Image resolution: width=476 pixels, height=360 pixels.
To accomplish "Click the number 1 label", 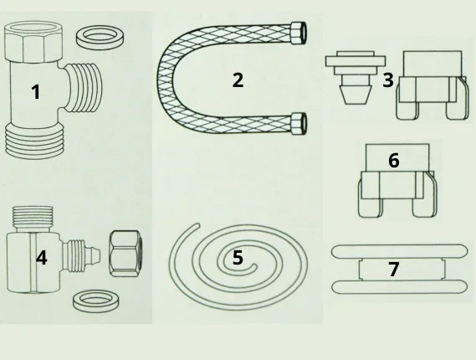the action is click(36, 92).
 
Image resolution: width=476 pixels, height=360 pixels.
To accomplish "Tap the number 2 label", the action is click(238, 80).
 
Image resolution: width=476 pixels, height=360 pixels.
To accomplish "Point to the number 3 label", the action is click(388, 80).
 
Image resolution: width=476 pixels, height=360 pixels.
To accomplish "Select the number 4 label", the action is click(42, 258).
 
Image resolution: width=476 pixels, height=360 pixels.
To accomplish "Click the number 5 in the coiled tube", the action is click(238, 257).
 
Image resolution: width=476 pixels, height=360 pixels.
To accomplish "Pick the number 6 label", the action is click(394, 161).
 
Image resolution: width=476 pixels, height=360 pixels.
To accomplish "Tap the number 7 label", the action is click(394, 269).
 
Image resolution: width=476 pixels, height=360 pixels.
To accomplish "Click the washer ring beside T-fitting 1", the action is click(100, 37).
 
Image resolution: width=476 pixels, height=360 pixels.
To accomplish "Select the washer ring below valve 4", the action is click(96, 301).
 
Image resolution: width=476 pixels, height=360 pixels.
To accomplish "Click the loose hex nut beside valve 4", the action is click(125, 254).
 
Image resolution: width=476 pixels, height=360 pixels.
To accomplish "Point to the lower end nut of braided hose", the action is click(299, 123).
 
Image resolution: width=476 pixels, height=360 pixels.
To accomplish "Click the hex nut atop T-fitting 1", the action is click(33, 42).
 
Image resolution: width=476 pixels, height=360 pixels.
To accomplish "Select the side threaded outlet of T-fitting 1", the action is click(84, 89).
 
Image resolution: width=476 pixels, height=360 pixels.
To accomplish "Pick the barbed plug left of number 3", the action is click(356, 78).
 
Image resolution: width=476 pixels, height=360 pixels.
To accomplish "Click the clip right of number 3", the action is click(431, 85).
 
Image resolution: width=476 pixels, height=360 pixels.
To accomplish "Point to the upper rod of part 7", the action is click(399, 251).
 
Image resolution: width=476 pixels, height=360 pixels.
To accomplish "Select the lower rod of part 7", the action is click(399, 287).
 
